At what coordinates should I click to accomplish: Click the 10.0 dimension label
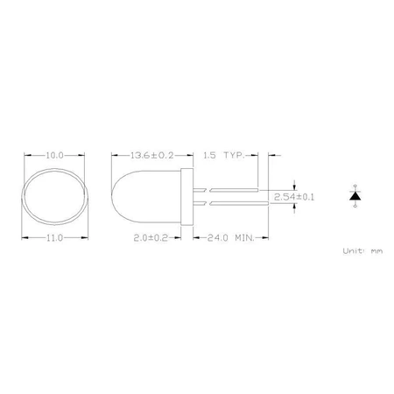pyautogui.click(x=54, y=155)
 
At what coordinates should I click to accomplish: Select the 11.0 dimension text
pyautogui.click(x=54, y=237)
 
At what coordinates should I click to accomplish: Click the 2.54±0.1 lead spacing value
pyautogui.click(x=294, y=197)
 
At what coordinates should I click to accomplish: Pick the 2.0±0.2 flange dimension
pyautogui.click(x=149, y=237)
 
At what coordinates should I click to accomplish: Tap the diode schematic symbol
pyautogui.click(x=355, y=195)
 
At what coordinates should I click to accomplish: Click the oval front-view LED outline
pyautogui.click(x=54, y=195)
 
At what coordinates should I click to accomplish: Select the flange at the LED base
pyautogui.click(x=186, y=195)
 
